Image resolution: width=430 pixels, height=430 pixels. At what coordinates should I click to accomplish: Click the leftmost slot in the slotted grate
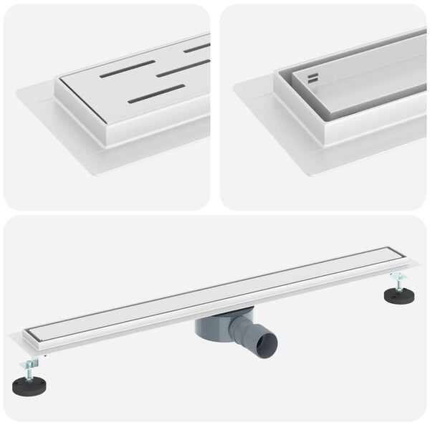pos(127,69)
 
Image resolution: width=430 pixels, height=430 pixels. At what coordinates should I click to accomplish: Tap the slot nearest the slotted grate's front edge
pos(156,94)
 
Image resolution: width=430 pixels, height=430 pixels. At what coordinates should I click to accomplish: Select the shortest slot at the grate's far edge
pos(196,48)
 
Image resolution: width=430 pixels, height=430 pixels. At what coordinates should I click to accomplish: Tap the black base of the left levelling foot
pos(29,386)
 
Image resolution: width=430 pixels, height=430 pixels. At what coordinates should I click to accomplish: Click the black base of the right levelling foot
pos(399,295)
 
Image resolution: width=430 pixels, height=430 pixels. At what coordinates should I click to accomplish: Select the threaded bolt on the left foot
pos(29,370)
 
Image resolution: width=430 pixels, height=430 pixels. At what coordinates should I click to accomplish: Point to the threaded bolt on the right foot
pos(398,282)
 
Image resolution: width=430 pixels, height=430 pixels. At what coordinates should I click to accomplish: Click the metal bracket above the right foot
pos(398,275)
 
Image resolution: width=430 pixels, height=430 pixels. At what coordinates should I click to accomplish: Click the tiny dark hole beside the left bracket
pos(44,353)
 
